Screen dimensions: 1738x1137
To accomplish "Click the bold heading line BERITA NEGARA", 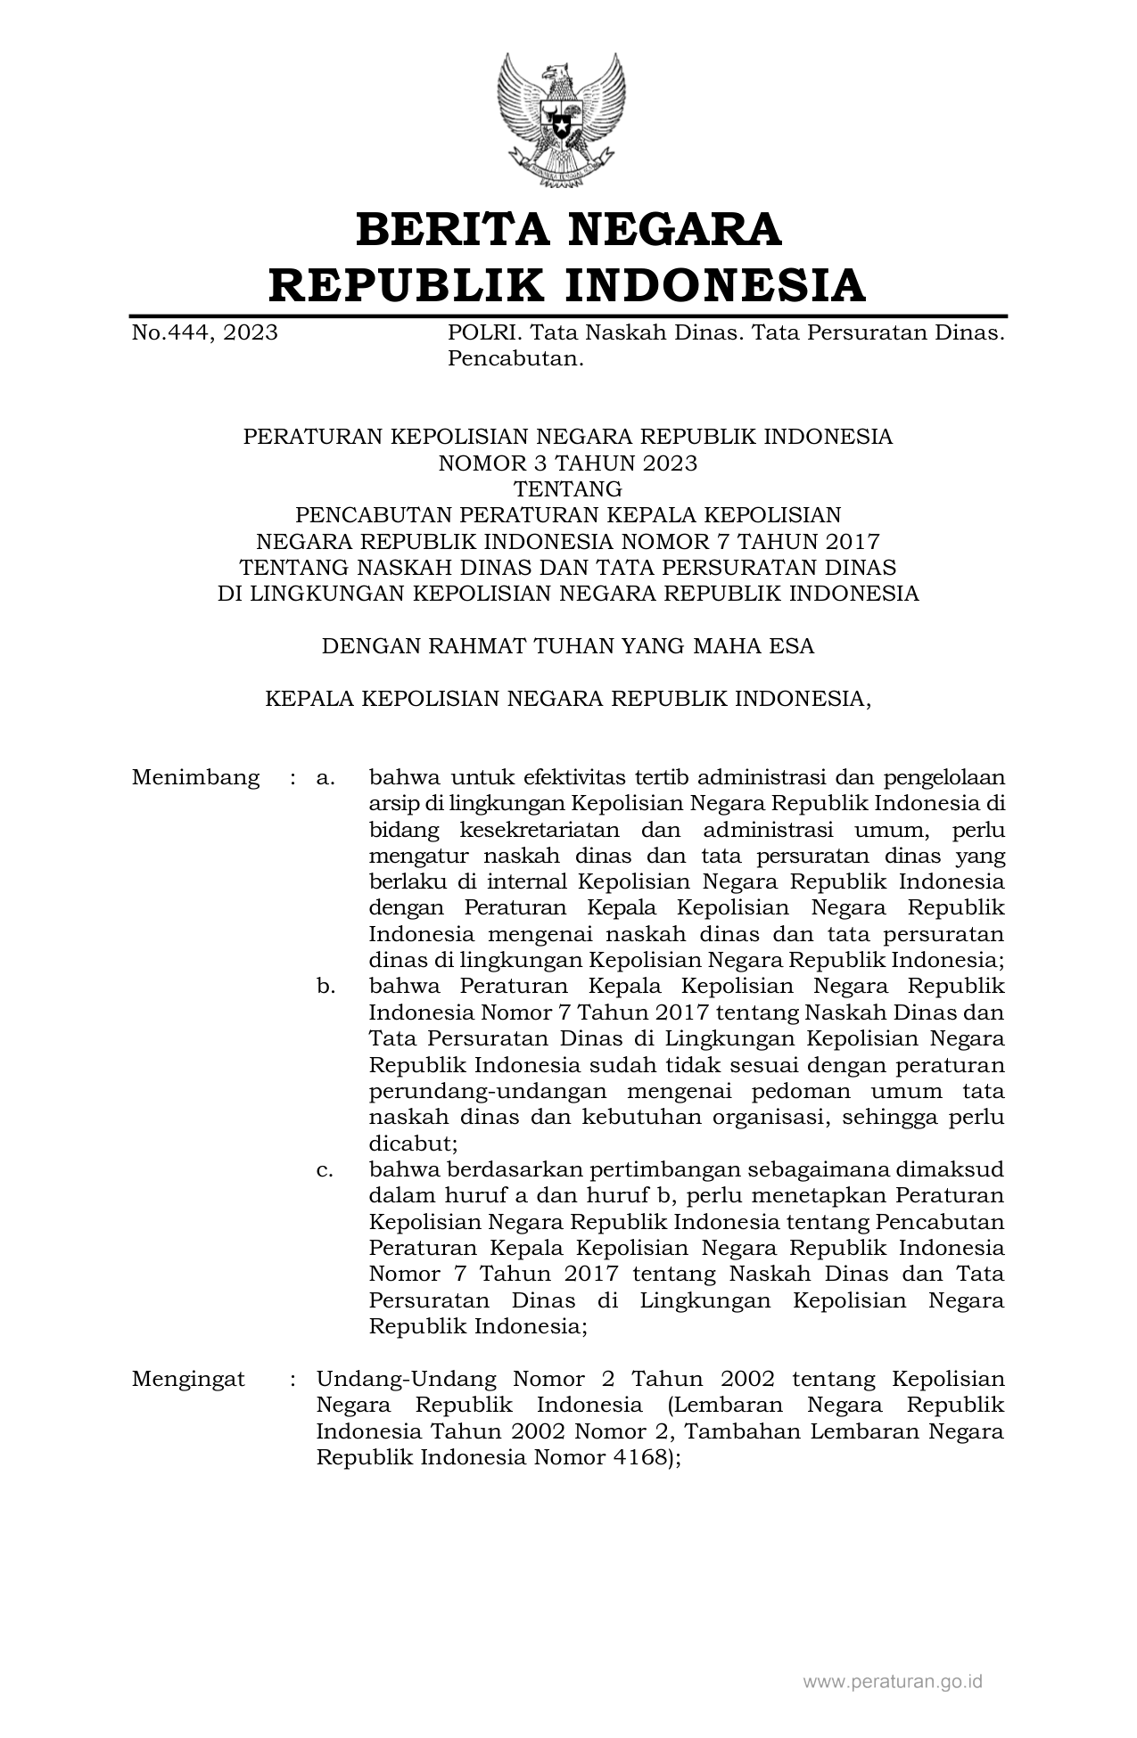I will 568,229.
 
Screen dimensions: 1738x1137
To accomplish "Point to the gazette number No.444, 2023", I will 204,333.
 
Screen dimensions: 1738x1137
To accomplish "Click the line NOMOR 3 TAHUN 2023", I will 568,463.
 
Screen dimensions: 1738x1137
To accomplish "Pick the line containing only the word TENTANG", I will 568,488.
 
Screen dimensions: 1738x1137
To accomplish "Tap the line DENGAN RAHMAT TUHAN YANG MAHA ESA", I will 568,646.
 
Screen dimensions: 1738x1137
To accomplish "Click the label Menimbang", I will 196,777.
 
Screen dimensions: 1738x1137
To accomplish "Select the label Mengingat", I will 188,1379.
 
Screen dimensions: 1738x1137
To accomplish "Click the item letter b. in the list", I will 325,987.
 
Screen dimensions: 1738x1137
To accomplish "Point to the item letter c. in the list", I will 325,1169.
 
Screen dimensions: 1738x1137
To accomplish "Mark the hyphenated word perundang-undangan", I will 488,1091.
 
